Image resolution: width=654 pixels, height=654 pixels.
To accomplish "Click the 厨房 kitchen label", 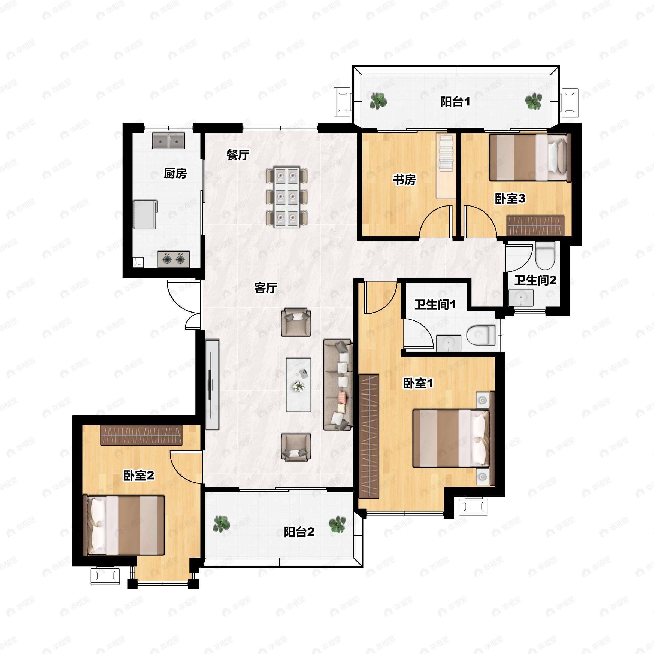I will pyautogui.click(x=175, y=174).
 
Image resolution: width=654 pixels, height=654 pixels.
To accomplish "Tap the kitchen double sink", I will pyautogui.click(x=168, y=141).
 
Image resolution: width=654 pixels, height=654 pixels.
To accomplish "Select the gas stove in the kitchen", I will pyautogui.click(x=173, y=259).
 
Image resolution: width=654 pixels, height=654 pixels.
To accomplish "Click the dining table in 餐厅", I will pyautogui.click(x=286, y=196).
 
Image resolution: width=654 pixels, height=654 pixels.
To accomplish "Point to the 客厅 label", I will pyautogui.click(x=266, y=288).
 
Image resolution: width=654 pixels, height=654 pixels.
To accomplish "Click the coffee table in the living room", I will pyautogui.click(x=298, y=384).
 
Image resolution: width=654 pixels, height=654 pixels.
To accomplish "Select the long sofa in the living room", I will pyautogui.click(x=338, y=385).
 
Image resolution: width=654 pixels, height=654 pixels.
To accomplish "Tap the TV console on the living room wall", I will pyautogui.click(x=212, y=384).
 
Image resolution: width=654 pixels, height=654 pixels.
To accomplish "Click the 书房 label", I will pyautogui.click(x=404, y=180).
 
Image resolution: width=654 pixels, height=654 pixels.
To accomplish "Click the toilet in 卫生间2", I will pyautogui.click(x=545, y=256).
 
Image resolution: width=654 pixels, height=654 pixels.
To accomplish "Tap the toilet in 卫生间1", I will pyautogui.click(x=481, y=335).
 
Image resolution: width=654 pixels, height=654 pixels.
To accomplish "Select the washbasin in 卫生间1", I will pyautogui.click(x=449, y=343).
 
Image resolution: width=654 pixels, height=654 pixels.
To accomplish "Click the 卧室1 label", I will pyautogui.click(x=418, y=383).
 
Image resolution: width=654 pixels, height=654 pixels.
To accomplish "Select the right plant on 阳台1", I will pyautogui.click(x=533, y=101).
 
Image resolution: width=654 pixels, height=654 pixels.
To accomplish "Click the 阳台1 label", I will pyautogui.click(x=455, y=102).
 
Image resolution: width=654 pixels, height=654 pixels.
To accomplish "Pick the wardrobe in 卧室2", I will pyautogui.click(x=141, y=435).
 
